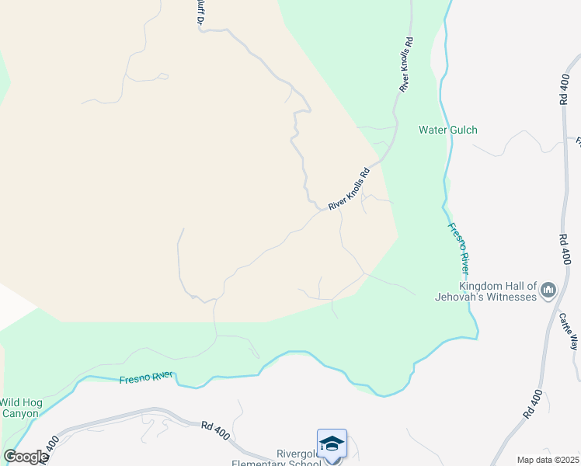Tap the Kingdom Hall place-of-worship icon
tap(548, 291)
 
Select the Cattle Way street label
tap(570, 331)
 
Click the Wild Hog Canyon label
tap(19, 408)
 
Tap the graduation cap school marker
tap(332, 443)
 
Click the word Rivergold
tap(299, 454)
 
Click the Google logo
tap(25, 457)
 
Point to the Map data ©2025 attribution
tap(547, 460)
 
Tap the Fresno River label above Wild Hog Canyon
tap(146, 378)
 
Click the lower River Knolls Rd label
tap(348, 190)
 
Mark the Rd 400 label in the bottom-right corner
tap(531, 403)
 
